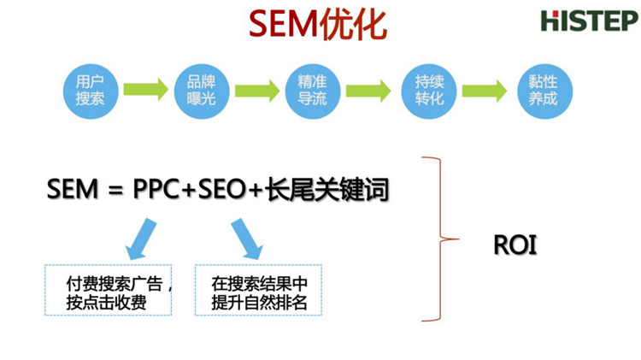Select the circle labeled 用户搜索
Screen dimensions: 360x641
[x=90, y=90]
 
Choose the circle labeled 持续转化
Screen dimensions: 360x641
[x=429, y=90]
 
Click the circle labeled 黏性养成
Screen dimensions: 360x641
[x=543, y=90]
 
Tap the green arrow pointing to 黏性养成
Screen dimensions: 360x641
[x=486, y=90]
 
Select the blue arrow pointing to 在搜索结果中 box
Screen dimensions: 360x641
[x=247, y=237]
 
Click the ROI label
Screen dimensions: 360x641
[x=515, y=245]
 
